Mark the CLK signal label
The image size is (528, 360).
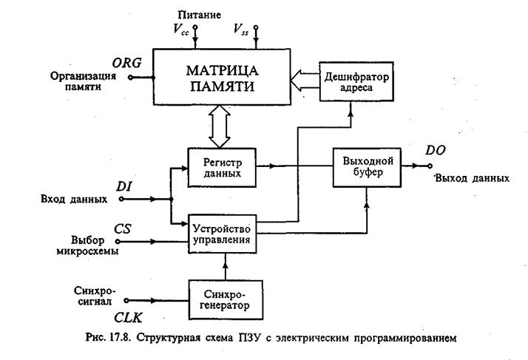click(123, 320)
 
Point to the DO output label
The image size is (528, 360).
click(436, 151)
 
